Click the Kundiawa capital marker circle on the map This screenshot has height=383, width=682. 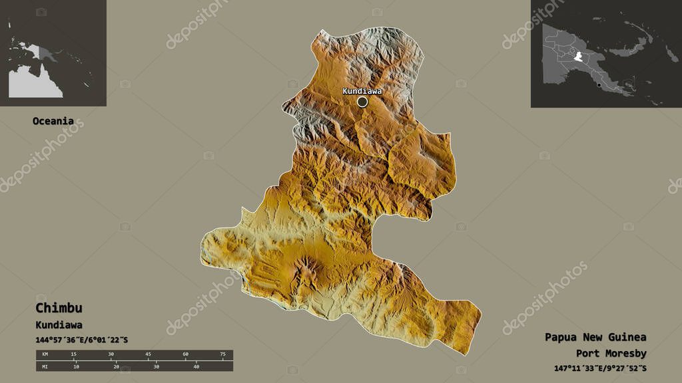click(x=362, y=102)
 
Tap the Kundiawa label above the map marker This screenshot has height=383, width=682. click(x=362, y=91)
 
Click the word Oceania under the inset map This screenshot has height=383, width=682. click(x=53, y=121)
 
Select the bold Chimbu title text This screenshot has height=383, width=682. click(x=59, y=309)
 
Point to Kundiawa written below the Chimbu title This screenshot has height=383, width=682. click(x=59, y=325)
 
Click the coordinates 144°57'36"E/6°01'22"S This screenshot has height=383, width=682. click(x=81, y=340)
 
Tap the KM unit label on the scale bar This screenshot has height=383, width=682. click(x=44, y=354)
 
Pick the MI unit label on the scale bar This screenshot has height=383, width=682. click(x=44, y=366)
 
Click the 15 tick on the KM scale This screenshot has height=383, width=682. click(x=73, y=354)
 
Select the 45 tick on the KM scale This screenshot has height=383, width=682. click(x=148, y=354)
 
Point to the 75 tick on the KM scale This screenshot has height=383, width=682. click(x=222, y=354)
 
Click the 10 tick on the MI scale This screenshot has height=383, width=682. click(x=76, y=366)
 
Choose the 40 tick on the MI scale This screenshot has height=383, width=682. click(x=196, y=366)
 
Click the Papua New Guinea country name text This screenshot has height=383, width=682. click(x=594, y=337)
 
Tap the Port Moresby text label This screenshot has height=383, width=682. click(x=611, y=353)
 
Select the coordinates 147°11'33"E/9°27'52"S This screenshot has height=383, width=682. click(x=600, y=368)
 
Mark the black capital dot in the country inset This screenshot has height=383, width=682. click(x=599, y=85)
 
